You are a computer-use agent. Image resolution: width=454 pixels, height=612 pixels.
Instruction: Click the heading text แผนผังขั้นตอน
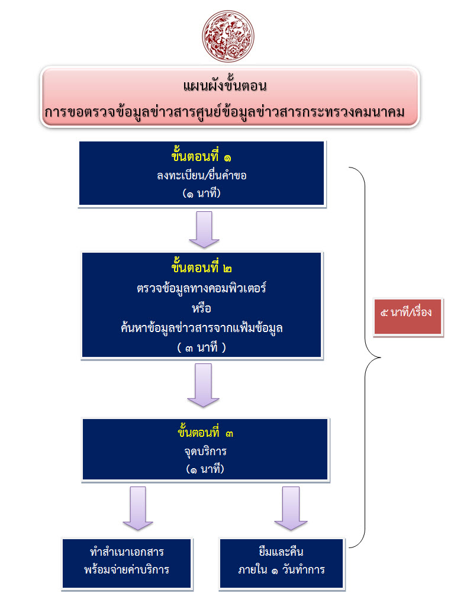coord(227,86)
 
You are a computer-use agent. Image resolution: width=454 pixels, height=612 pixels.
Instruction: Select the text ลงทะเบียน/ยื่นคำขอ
coord(202,175)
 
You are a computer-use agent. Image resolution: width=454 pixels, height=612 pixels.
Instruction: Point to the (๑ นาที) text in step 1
coord(202,192)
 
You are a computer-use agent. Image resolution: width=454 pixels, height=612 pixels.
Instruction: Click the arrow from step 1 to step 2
coord(204,229)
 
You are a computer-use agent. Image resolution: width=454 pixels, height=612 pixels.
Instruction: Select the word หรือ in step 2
coord(202,308)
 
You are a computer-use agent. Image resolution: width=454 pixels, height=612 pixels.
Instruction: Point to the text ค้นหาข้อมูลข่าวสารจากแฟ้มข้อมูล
coord(202,327)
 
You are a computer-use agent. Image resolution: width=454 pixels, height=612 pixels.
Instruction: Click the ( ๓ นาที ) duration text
coord(202,347)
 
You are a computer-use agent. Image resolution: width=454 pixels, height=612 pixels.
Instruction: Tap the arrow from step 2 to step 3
coord(203,385)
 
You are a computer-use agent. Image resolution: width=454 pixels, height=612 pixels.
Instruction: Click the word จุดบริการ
coord(205,451)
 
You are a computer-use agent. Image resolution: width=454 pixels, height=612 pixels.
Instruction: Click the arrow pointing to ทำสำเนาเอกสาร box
coord(138,508)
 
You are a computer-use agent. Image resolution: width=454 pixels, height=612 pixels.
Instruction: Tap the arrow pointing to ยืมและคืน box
coord(291,508)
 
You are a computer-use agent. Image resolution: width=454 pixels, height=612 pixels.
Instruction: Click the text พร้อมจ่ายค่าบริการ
coord(127,571)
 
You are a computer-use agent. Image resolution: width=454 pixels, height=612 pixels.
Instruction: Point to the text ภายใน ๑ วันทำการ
coord(281,571)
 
